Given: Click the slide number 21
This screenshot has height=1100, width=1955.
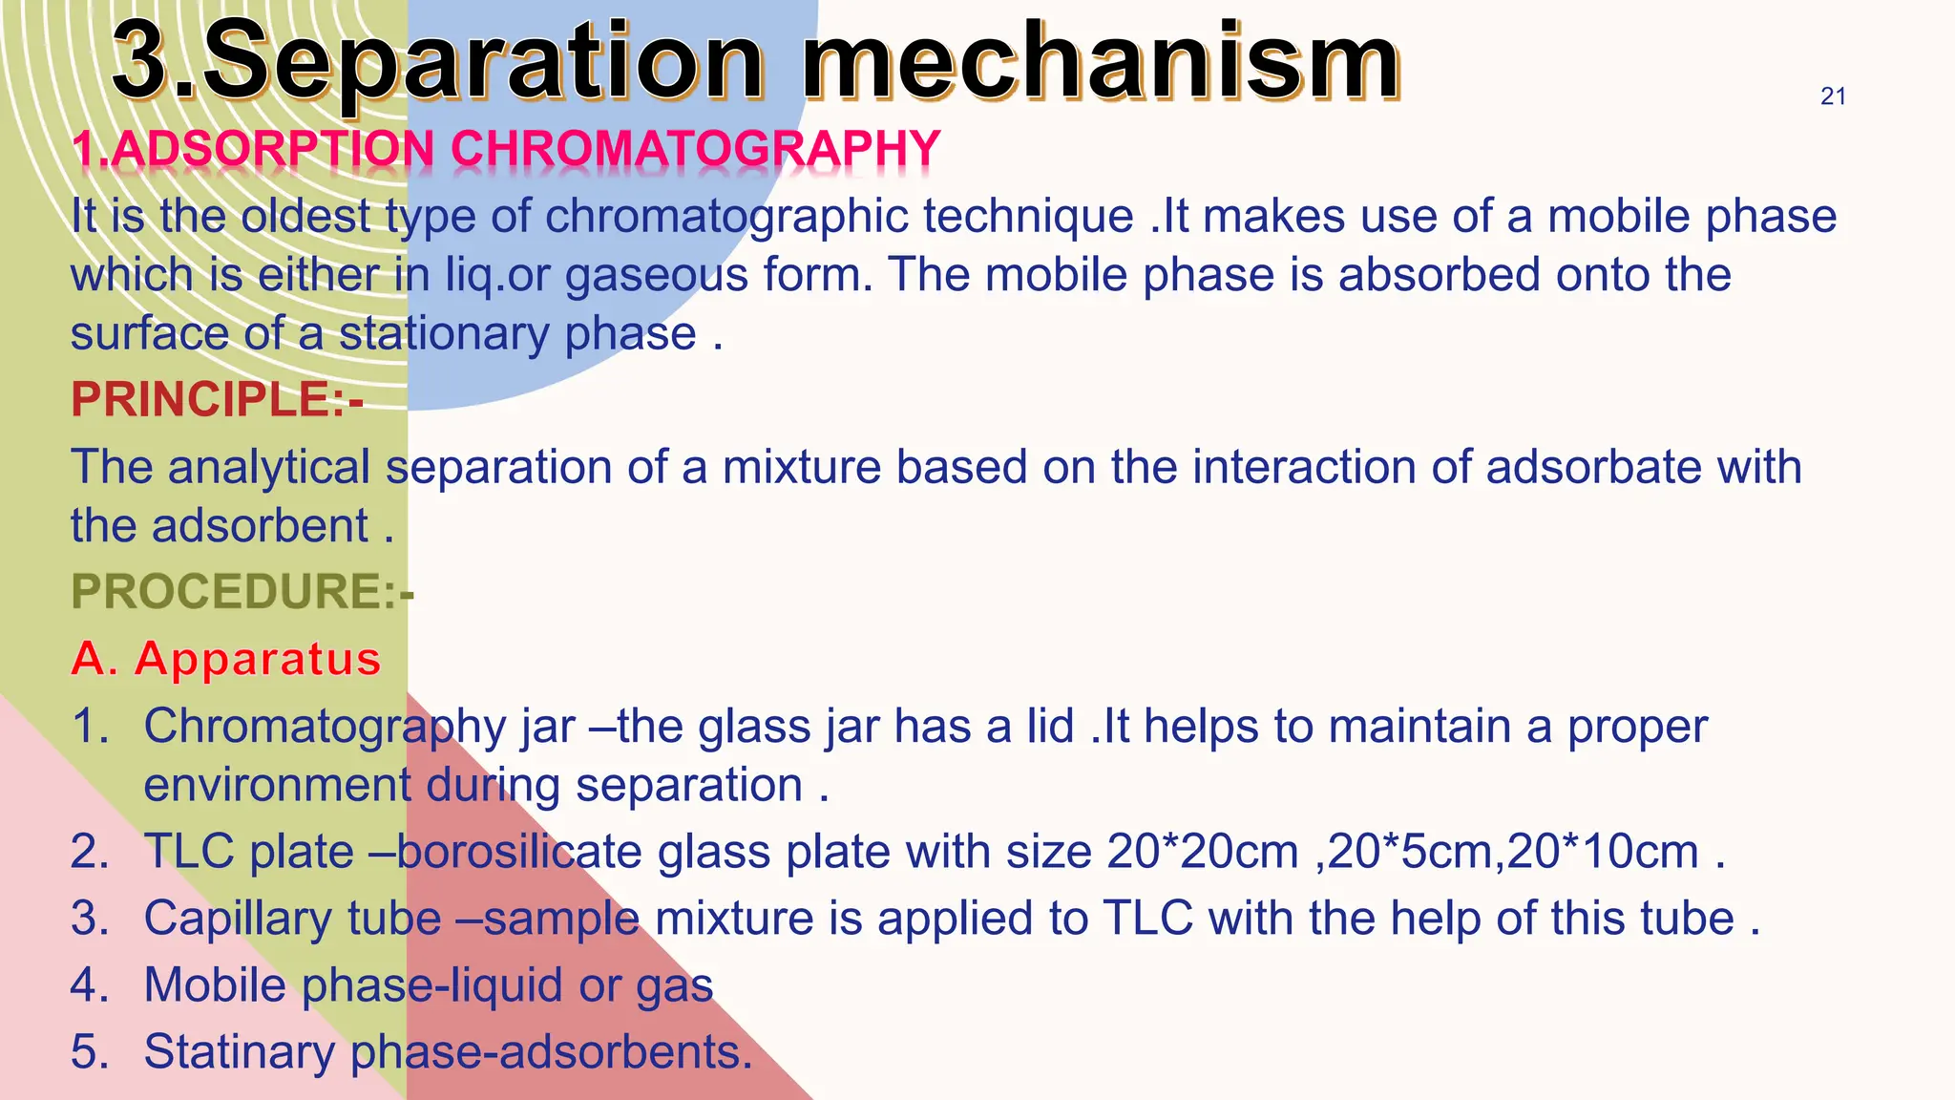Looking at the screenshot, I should [x=1833, y=96].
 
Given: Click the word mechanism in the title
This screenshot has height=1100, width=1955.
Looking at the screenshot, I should [x=1101, y=62].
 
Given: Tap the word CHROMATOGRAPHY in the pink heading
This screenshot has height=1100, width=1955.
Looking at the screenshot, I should [x=695, y=149].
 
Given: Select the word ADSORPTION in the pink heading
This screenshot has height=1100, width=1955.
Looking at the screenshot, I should [x=266, y=149].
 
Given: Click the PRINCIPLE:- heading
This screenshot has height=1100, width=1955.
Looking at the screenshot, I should [x=217, y=399].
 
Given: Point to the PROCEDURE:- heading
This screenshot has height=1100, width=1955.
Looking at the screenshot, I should [x=242, y=591].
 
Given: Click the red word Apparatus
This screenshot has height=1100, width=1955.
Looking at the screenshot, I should [x=258, y=659].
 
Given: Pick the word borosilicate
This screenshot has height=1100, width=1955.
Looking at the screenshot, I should [x=519, y=851].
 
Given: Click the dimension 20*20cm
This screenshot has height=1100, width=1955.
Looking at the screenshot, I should [x=1203, y=851].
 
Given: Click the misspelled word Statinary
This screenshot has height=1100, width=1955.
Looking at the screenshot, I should [x=239, y=1051].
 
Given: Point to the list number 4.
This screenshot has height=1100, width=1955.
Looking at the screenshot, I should [x=90, y=985].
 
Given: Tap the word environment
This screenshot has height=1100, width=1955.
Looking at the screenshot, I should [x=278, y=785].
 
